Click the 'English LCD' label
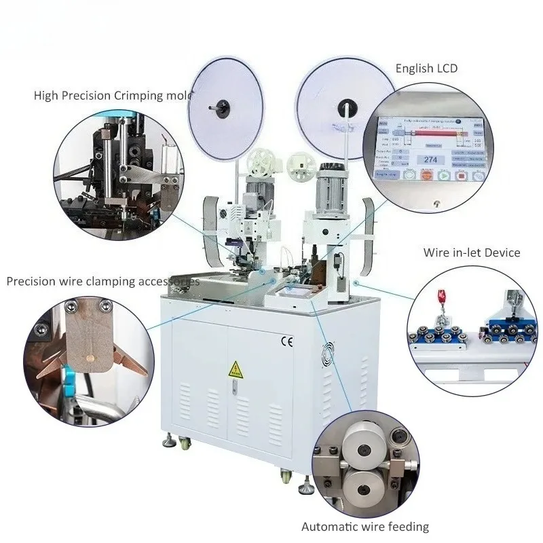[x=426, y=68]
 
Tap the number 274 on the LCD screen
[x=430, y=160]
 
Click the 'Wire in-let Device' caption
[x=472, y=252]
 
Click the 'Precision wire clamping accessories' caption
[x=102, y=280]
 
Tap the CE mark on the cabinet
[x=286, y=341]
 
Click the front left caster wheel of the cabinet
[x=168, y=442]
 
